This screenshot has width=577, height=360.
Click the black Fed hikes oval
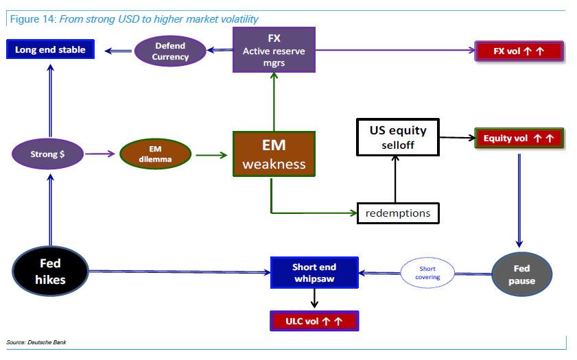point(50,271)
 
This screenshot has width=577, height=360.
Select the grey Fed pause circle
point(521,274)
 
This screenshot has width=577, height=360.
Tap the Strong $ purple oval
point(48,154)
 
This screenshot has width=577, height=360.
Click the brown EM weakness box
point(273,154)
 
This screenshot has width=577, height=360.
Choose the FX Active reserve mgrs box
point(274,49)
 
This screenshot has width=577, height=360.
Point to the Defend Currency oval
point(170,51)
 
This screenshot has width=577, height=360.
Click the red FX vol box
point(519,51)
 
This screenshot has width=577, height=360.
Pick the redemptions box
point(398,213)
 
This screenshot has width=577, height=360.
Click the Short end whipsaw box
point(314,272)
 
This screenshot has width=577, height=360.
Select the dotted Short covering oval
point(427,273)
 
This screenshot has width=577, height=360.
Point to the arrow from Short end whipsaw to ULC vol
point(314,298)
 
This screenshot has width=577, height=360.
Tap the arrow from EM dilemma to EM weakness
point(211,155)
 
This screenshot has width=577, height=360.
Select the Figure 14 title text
point(134,19)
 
